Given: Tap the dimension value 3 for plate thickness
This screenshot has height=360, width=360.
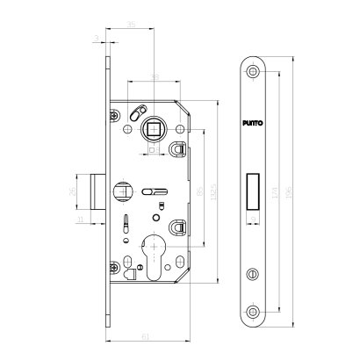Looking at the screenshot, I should pos(94,37).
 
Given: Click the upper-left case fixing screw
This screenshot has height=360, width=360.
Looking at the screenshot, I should pos(114,112).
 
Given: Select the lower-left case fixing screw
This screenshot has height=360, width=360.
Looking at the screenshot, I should pos(114,269).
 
